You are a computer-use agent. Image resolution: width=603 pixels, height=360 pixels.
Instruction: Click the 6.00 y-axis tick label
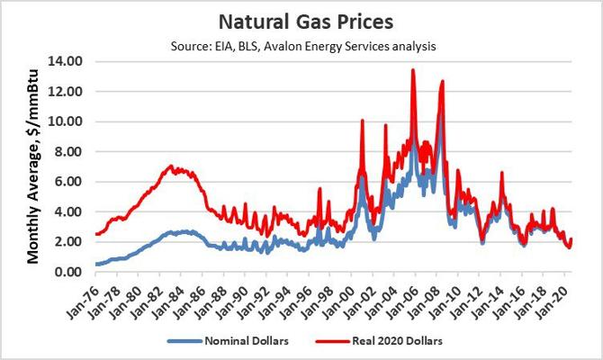tap(69, 181)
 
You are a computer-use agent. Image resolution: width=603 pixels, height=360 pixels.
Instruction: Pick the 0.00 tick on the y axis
tap(69, 272)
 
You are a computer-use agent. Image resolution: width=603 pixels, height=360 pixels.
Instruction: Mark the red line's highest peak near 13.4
tap(412, 70)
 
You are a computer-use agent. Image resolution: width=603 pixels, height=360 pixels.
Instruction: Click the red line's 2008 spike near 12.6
tap(442, 82)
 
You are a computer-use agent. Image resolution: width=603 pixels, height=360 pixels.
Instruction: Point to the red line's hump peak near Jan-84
tap(172, 166)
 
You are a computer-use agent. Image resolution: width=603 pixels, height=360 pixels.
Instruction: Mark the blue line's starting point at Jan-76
tap(95, 264)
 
